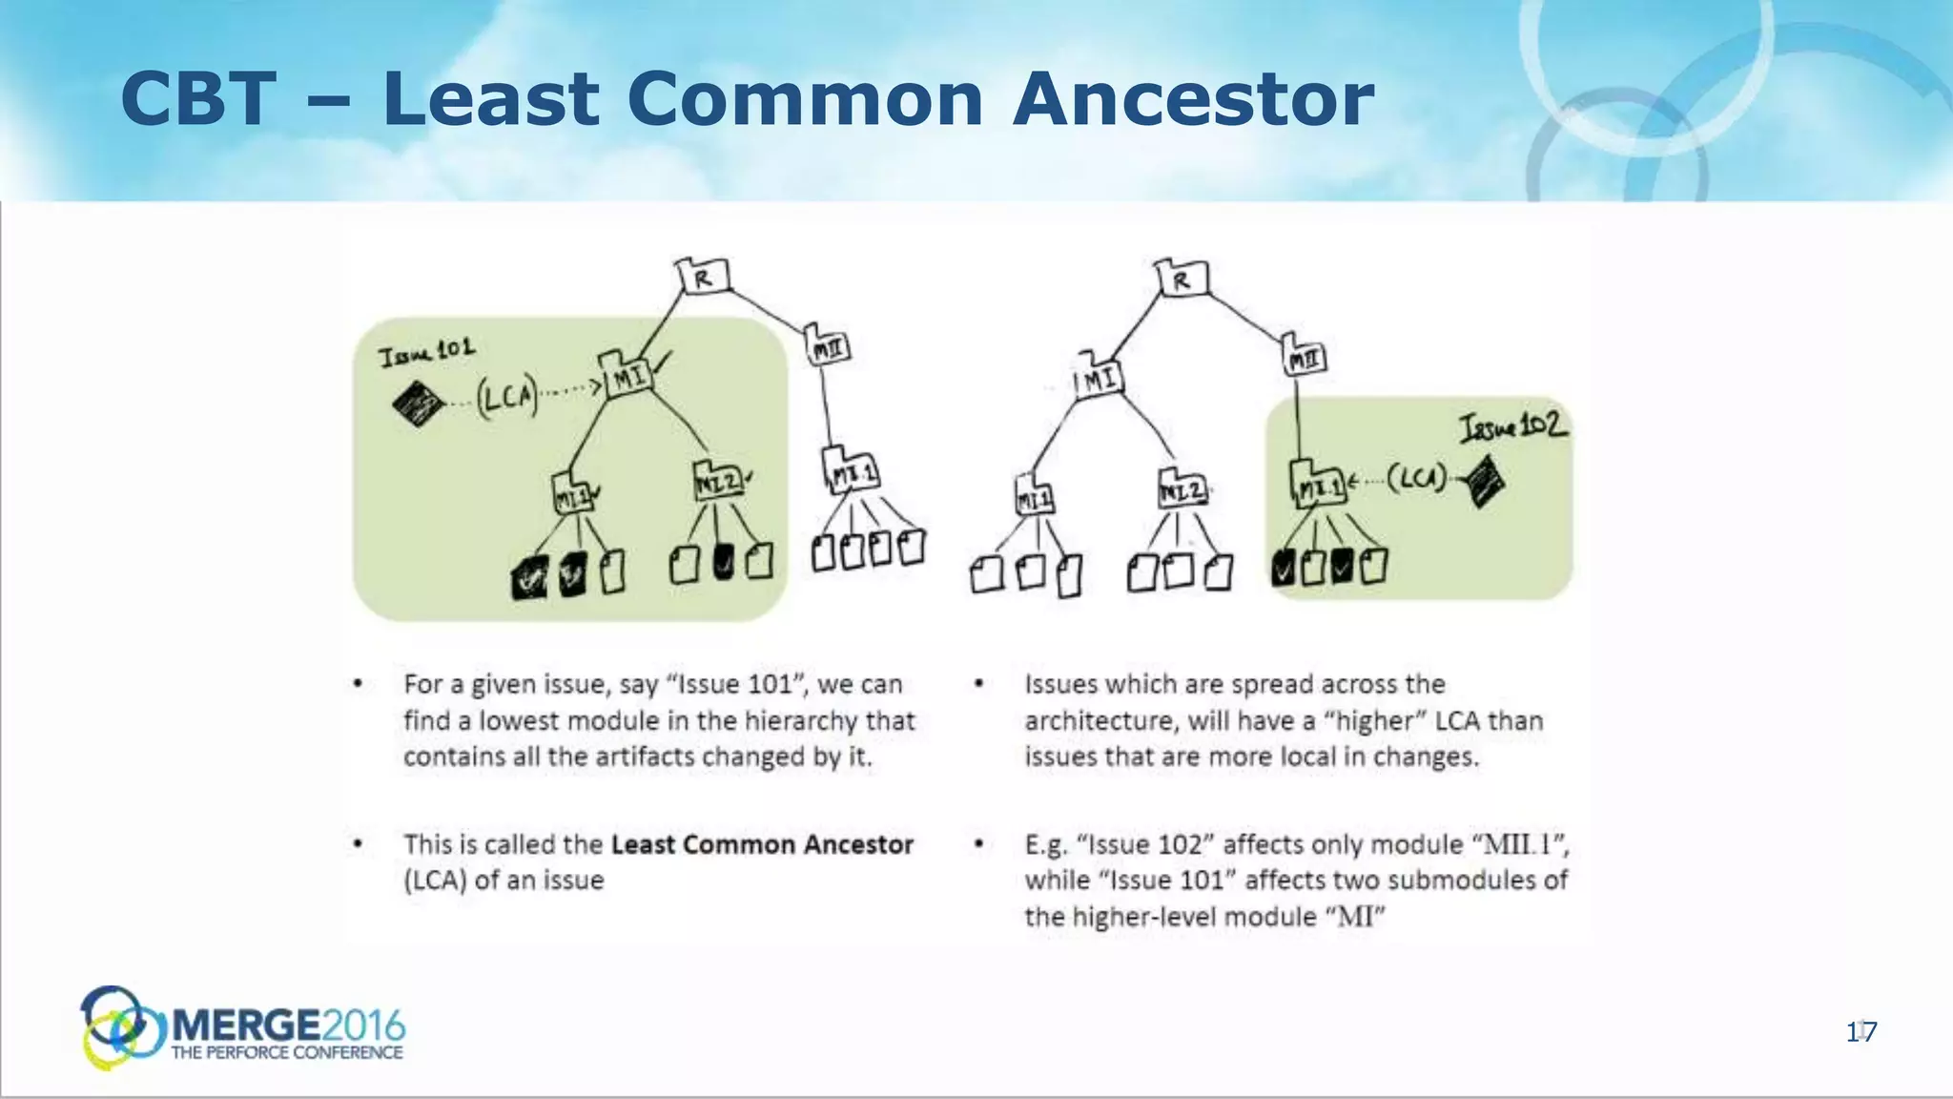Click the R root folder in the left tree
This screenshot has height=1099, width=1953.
[x=704, y=278]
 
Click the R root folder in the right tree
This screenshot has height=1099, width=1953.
[x=1182, y=280]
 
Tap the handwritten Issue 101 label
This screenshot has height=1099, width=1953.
[x=426, y=352]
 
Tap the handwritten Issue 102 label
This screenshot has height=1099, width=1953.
[x=1513, y=425]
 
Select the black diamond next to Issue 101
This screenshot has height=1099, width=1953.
[x=419, y=404]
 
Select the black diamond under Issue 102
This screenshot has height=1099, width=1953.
[x=1483, y=482]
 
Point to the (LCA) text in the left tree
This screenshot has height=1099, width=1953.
[x=506, y=395]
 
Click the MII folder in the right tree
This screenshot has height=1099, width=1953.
[x=1304, y=359]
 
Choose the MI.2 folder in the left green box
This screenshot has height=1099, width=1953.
[x=718, y=482]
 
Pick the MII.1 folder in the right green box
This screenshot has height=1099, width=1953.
[x=1319, y=486]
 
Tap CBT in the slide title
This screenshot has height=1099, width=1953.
[x=198, y=99]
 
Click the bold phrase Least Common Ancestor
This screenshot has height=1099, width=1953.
[x=761, y=844]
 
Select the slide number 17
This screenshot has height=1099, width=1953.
[x=1860, y=1031]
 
